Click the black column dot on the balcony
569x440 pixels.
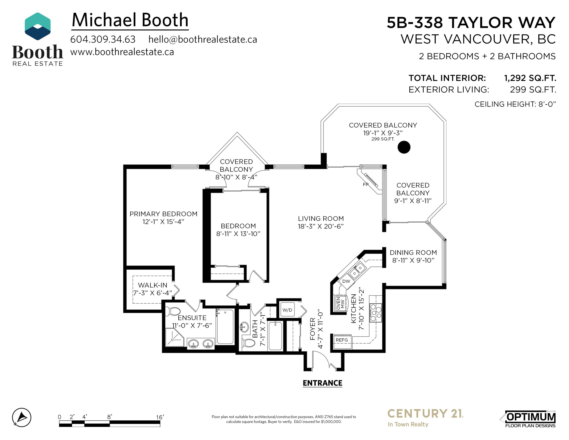tap(404, 147)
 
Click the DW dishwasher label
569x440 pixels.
tap(346, 281)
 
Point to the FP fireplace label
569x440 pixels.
tap(366, 184)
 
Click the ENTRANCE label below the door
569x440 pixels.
tap(323, 383)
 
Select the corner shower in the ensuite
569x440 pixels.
tap(175, 337)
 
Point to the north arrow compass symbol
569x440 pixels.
tap(22, 417)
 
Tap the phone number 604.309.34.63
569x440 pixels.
tap(103, 39)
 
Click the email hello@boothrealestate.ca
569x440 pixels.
tap(203, 39)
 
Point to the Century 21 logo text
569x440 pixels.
tap(425, 414)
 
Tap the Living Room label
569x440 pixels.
tap(321, 218)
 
